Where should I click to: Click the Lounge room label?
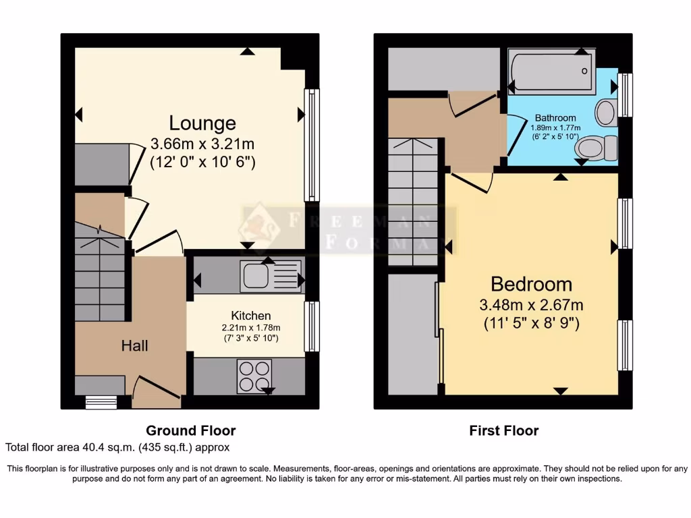[202, 123]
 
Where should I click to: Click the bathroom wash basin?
[605, 111]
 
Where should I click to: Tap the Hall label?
[134, 346]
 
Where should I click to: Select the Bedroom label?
[531, 284]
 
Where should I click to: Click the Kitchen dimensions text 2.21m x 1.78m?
[250, 327]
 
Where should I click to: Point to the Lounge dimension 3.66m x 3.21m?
[202, 144]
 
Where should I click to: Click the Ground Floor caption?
[191, 430]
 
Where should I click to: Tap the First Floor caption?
[504, 430]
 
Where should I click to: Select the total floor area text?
[118, 447]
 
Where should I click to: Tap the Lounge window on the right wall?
[311, 145]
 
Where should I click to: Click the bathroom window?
[626, 94]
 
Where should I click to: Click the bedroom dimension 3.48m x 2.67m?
[531, 304]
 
